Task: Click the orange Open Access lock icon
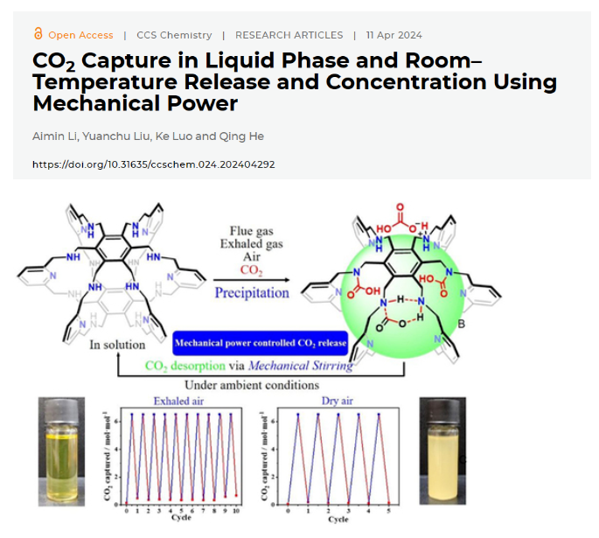coord(38,34)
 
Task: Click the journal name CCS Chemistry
coord(174,35)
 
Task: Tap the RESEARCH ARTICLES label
coord(289,35)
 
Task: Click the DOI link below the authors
coord(153,164)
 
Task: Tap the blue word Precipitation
coord(252,292)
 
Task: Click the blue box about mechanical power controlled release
coord(260,343)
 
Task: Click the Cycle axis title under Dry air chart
coord(338,520)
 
